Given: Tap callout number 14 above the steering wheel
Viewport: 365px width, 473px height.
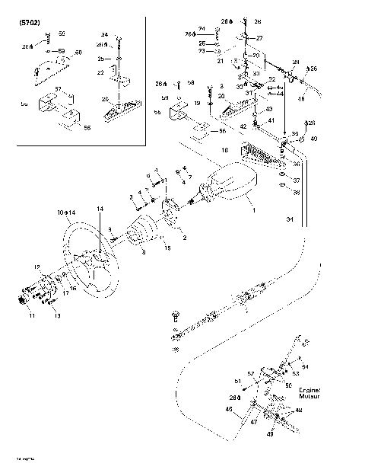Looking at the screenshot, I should [x=99, y=208].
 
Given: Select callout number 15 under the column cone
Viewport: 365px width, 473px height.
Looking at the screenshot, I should [x=167, y=248].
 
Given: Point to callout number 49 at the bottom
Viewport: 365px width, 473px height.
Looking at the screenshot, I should [x=269, y=436].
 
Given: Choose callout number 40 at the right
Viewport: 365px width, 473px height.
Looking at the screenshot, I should [x=313, y=138].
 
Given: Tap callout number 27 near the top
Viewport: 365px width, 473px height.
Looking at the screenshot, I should [x=259, y=37].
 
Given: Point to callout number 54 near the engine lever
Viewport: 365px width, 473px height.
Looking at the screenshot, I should [x=305, y=366].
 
